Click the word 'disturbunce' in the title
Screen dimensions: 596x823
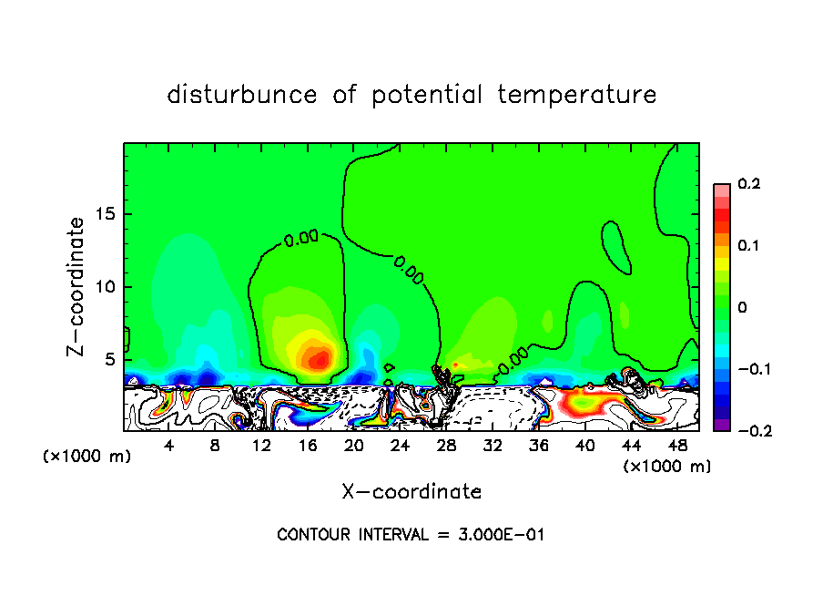pos(241,95)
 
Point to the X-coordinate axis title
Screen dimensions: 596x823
pos(411,492)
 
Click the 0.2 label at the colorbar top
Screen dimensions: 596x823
pos(748,184)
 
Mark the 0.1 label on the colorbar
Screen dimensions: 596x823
pos(748,246)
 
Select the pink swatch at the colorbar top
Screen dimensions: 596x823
pos(721,190)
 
